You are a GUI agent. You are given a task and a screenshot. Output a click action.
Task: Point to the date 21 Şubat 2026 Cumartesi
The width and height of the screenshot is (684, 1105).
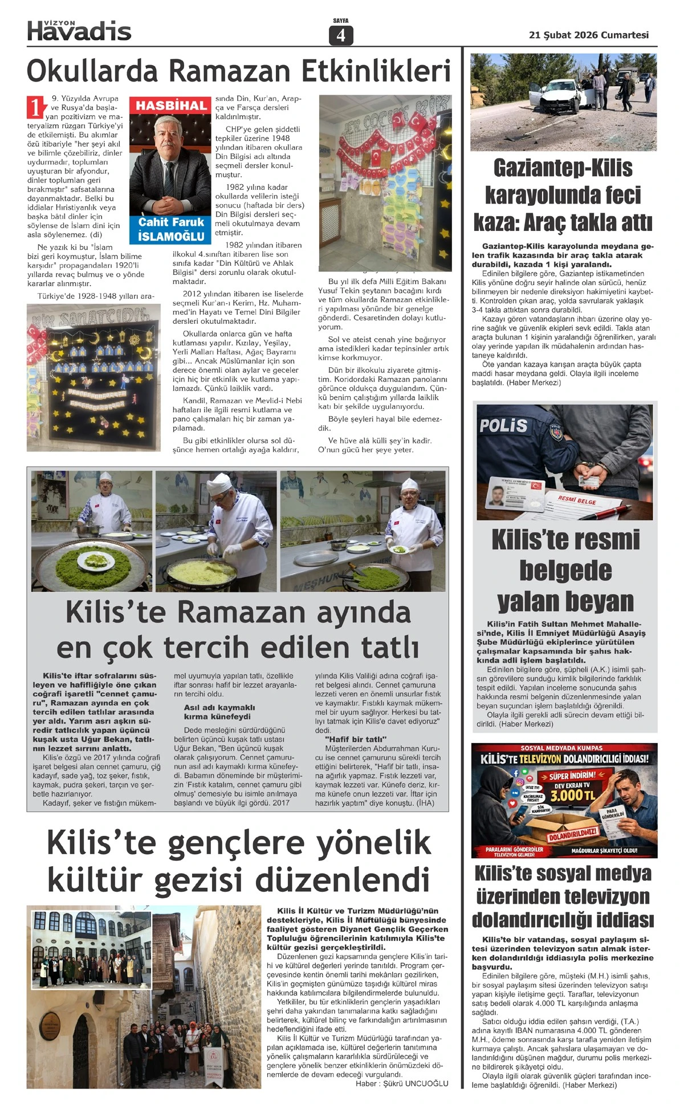coord(589,35)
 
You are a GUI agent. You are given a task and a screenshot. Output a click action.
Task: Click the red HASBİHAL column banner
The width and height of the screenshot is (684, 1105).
coord(171,105)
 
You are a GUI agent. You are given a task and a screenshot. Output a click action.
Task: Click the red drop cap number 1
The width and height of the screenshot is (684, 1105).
coord(35,107)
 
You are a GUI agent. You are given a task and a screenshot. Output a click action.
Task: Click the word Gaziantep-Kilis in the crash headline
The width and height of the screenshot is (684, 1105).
coord(563,168)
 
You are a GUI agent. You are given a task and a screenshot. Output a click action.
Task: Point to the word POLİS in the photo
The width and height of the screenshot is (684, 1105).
coord(503,425)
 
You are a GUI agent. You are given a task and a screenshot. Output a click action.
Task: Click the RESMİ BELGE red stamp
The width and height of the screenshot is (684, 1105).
coord(577,499)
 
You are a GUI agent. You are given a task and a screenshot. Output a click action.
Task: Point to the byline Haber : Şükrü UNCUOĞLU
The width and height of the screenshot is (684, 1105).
coord(402,1083)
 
